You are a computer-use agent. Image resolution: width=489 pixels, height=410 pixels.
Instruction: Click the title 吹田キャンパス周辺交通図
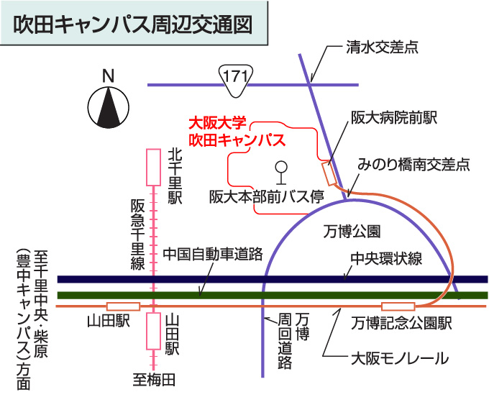click(x=134, y=24)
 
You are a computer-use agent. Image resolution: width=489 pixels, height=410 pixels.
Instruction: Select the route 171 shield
click(x=237, y=78)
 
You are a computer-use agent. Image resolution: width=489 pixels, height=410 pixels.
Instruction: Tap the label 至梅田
click(x=155, y=378)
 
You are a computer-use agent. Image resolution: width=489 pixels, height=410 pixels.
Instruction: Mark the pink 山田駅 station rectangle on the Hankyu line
click(x=153, y=330)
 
